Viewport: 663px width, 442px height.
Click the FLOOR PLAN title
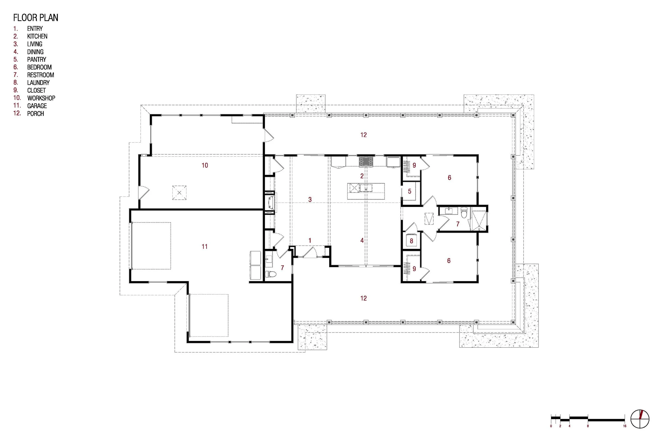pyautogui.click(x=36, y=17)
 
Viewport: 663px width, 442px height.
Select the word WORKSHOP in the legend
pyautogui.click(x=41, y=98)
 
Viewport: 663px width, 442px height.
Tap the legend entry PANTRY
pyautogui.click(x=37, y=59)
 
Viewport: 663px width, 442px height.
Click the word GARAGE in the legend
pyautogui.click(x=37, y=106)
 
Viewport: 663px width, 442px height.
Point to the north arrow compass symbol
pyautogui.click(x=640, y=419)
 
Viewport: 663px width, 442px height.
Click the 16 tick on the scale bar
pyautogui.click(x=625, y=426)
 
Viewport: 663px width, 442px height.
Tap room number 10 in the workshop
pyautogui.click(x=205, y=165)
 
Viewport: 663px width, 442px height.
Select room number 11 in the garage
pyautogui.click(x=204, y=246)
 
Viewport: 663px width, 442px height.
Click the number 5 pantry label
pyautogui.click(x=409, y=191)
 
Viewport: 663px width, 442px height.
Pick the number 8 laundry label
pyautogui.click(x=411, y=241)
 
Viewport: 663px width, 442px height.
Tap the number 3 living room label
pyautogui.click(x=310, y=199)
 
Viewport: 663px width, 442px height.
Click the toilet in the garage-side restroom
pyautogui.click(x=271, y=274)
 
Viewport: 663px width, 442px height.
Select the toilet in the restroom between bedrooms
pyautogui.click(x=464, y=213)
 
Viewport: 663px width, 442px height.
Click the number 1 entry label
pyautogui.click(x=310, y=240)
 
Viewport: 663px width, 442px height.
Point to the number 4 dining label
pyautogui.click(x=362, y=240)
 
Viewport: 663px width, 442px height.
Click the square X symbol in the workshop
pyautogui.click(x=179, y=192)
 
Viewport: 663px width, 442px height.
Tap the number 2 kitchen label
pyautogui.click(x=362, y=176)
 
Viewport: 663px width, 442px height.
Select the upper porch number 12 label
pyautogui.click(x=363, y=135)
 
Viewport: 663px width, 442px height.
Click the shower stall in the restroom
pyautogui.click(x=479, y=221)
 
